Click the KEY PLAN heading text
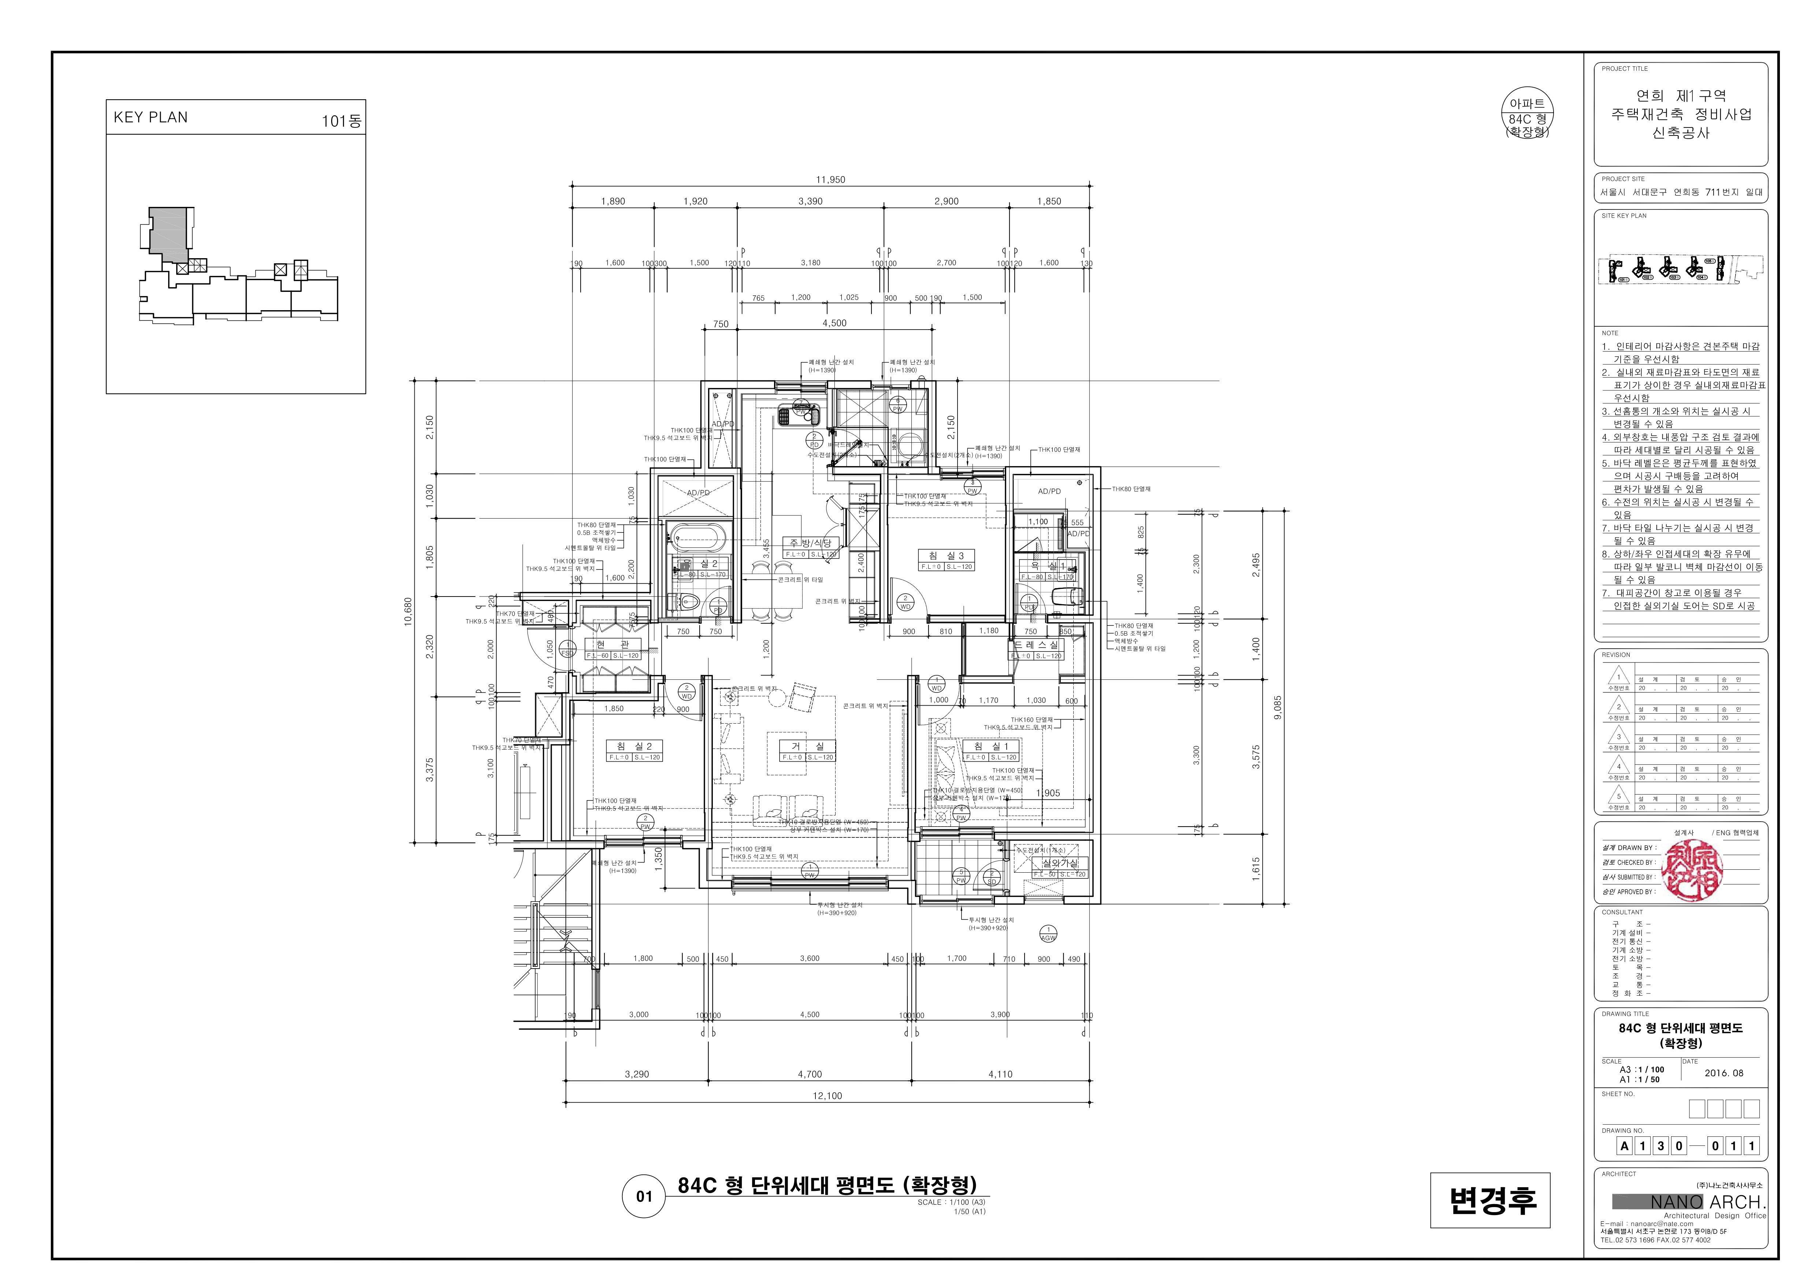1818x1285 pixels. [x=151, y=117]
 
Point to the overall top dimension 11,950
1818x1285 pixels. [x=831, y=180]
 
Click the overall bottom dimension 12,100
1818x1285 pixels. [x=827, y=1096]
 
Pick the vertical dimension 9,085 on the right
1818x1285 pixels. [x=1276, y=707]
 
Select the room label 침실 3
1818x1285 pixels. [x=946, y=556]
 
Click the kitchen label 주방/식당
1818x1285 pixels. [x=810, y=543]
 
